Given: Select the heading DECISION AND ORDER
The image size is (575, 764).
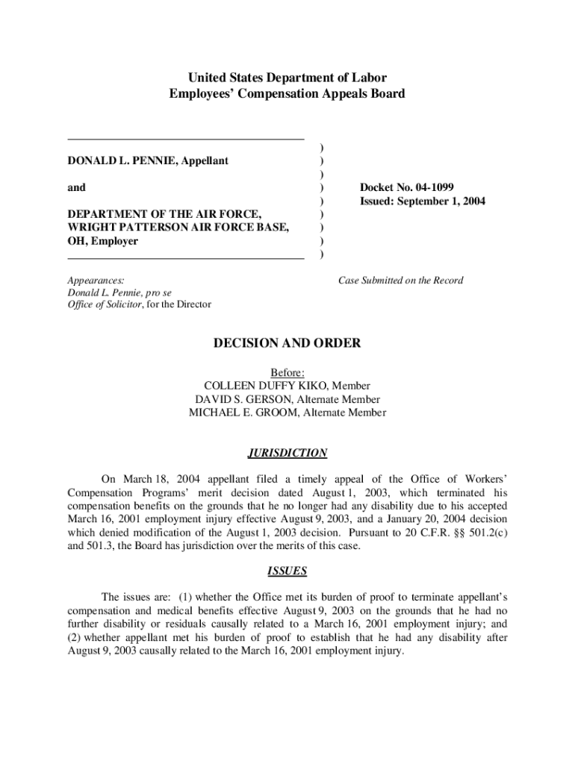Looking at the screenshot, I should click(x=287, y=343).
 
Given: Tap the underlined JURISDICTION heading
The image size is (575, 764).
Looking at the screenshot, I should click(x=287, y=453).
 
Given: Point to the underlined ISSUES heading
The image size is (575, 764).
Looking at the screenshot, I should click(x=287, y=572).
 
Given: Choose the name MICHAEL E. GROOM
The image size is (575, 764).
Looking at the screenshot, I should click(x=243, y=413).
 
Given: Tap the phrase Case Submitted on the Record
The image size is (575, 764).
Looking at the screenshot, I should click(x=400, y=281).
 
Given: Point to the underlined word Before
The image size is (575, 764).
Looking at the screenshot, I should click(x=287, y=372).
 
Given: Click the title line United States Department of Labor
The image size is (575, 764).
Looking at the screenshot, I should click(x=287, y=78).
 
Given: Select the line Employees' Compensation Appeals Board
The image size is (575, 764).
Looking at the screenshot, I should click(x=287, y=94).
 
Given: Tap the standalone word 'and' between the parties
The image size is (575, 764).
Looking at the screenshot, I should click(x=76, y=187).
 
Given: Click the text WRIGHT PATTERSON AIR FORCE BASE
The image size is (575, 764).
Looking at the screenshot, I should click(x=178, y=228).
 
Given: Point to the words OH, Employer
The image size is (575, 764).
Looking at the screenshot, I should click(x=102, y=241).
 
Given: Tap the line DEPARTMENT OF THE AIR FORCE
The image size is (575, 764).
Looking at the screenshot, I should click(x=164, y=214).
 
